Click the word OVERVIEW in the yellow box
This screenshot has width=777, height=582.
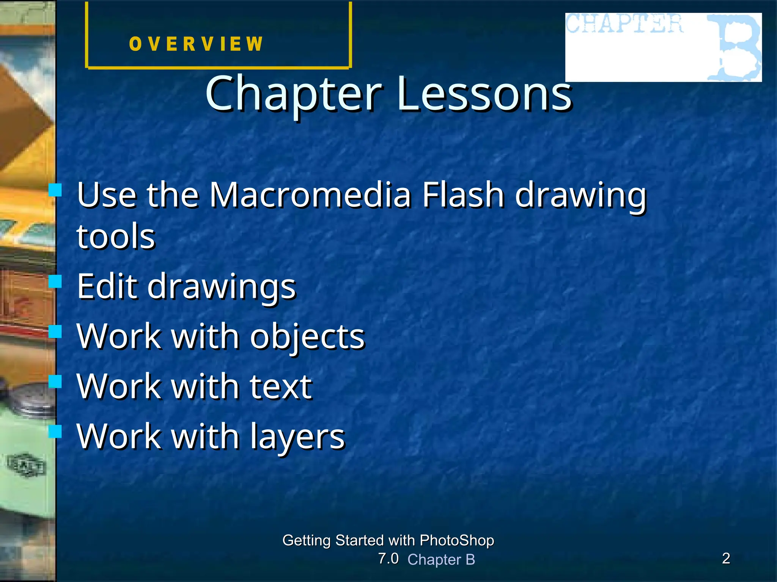click(x=196, y=44)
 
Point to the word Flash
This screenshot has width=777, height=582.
click(x=463, y=195)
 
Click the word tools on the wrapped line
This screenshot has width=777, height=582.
click(x=116, y=236)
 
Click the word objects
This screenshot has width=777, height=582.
click(x=307, y=336)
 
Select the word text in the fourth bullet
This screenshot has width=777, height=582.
click(x=281, y=386)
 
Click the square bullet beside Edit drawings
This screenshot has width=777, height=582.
click(x=55, y=282)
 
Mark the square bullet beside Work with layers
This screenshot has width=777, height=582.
click(x=55, y=431)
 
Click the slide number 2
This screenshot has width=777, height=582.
click(x=726, y=559)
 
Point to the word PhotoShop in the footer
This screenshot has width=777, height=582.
click(x=457, y=540)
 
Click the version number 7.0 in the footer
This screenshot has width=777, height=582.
click(x=388, y=559)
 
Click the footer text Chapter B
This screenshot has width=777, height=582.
click(x=441, y=560)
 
